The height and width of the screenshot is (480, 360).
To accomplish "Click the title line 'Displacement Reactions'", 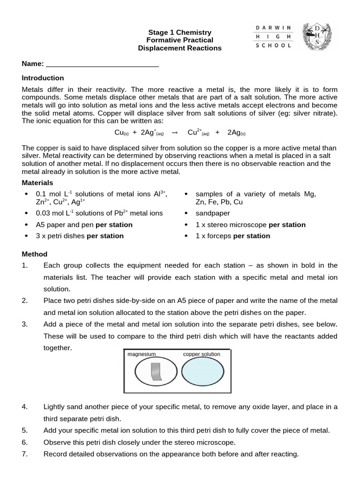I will (x=180, y=48).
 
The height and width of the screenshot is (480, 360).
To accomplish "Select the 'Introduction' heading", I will (x=43, y=78).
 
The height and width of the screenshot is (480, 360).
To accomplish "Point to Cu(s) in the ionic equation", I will (x=121, y=133).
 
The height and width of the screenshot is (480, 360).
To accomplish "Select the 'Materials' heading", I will (x=37, y=183).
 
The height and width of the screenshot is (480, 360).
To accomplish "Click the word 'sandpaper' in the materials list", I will (x=210, y=213).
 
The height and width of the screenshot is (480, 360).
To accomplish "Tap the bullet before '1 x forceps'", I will (x=187, y=236).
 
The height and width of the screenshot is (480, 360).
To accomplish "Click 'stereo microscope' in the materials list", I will (x=237, y=225).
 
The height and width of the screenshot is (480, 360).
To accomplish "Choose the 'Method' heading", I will (x=35, y=254).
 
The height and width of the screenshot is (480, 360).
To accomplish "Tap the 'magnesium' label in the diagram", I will (x=141, y=354).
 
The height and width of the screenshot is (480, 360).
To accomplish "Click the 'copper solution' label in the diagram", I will (x=201, y=354).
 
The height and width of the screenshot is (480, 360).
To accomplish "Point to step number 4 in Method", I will (x=25, y=407).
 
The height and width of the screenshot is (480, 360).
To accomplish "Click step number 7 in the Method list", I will (x=25, y=454).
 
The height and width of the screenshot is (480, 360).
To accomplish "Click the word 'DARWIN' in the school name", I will (x=274, y=28).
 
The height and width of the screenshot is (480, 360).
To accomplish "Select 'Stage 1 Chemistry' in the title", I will (x=180, y=32).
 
